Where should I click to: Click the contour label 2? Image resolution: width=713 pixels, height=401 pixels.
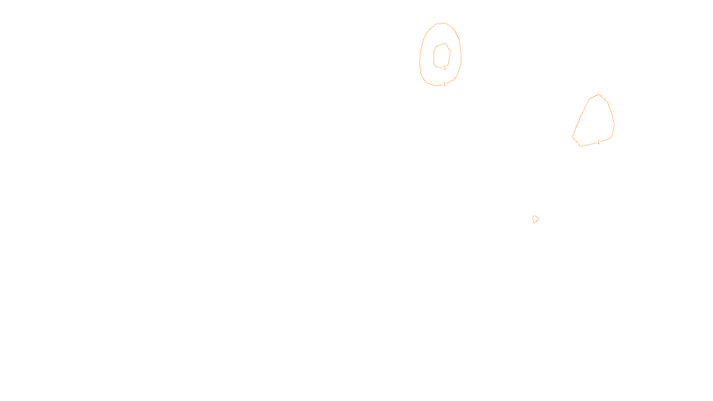point(445,68)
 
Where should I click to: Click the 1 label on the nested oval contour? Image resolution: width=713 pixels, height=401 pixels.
point(444,84)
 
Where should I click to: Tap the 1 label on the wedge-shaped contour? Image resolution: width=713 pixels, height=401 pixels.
point(598,142)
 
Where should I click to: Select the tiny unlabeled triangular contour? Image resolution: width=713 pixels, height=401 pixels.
point(536,219)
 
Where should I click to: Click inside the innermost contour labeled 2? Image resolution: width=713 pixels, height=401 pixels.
point(442,56)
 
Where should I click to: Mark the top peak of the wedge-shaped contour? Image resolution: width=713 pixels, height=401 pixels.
point(599,94)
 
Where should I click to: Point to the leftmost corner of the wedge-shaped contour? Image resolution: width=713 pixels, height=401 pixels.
point(573,137)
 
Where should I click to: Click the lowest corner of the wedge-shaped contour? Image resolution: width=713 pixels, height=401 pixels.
point(580,146)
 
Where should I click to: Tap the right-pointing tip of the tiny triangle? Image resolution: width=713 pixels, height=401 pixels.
point(539,218)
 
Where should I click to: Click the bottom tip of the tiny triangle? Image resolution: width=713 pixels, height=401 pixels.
point(534,223)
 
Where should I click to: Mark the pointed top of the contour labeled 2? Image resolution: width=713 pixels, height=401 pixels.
point(445,43)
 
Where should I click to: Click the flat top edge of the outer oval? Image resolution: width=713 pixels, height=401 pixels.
point(441,23)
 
